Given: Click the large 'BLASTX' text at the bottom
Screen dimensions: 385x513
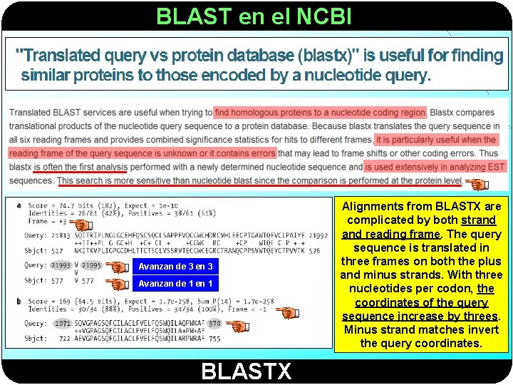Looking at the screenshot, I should [x=246, y=371].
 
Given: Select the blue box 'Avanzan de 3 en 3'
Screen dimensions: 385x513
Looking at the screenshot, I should [x=175, y=266].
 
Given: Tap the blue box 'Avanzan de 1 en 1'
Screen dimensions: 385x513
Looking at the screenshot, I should [x=175, y=283].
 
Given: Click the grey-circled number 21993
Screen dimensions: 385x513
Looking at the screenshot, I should [x=61, y=265].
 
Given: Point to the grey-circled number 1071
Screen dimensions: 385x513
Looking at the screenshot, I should [x=63, y=324].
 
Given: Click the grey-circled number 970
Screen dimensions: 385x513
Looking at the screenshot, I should [x=214, y=324].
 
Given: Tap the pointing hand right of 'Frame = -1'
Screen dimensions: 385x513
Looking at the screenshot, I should [x=287, y=312].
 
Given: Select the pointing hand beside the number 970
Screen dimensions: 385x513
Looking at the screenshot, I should [x=240, y=327].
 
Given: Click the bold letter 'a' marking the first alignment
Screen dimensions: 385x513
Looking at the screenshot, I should [x=19, y=205].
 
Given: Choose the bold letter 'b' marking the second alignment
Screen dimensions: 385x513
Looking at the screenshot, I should [x=19, y=301].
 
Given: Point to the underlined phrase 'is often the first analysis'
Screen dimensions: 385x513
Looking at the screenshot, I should [x=80, y=167].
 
